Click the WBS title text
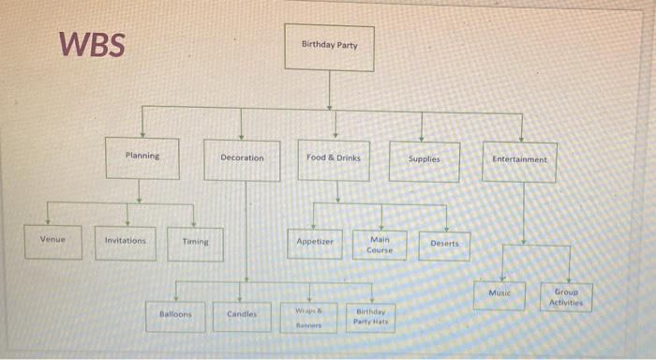[91, 44]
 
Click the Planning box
[142, 157]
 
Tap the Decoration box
[242, 158]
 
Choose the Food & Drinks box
[334, 158]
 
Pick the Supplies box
[424, 160]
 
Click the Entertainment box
[519, 160]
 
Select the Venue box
[53, 239]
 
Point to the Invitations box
[126, 241]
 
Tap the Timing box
[195, 243]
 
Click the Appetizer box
[315, 242]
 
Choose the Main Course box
[380, 245]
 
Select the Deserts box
[444, 244]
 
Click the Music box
[500, 293]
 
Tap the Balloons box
[175, 315]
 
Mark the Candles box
[241, 316]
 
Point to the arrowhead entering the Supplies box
[422, 139]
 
